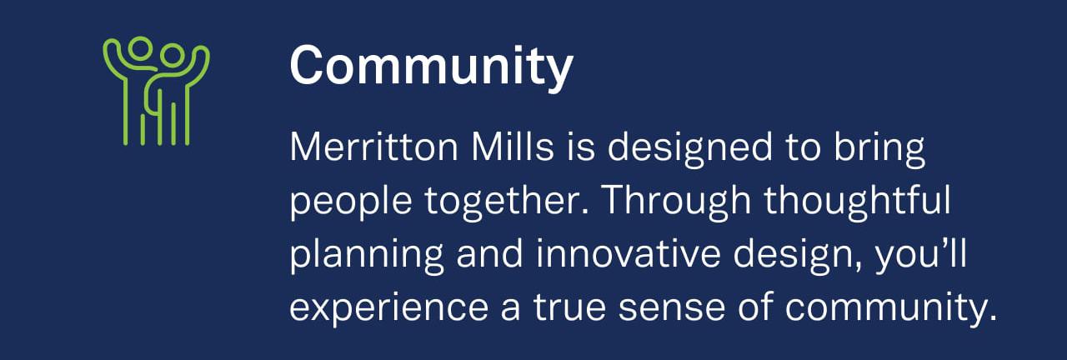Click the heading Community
point(431,67)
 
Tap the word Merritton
point(374,147)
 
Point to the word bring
point(879,148)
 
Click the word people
point(351,202)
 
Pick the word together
point(507,202)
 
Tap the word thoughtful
point(858,202)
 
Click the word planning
point(367,256)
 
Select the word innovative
point(628,253)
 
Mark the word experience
point(388,309)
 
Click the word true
point(569,307)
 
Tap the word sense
point(672,309)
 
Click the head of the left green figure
point(139,48)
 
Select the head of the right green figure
point(172,55)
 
